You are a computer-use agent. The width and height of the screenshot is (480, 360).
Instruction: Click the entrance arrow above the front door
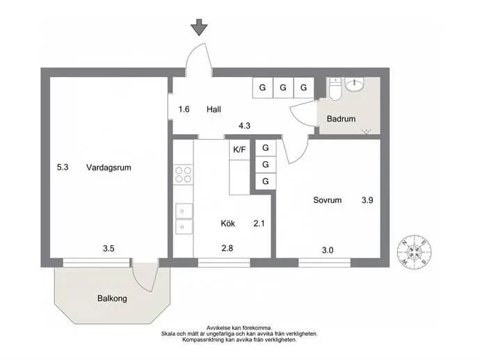pyautogui.click(x=199, y=27)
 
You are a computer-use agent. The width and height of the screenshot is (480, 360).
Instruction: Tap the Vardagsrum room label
pyautogui.click(x=109, y=167)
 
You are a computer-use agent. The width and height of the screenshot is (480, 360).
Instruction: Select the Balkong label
pyautogui.click(x=112, y=299)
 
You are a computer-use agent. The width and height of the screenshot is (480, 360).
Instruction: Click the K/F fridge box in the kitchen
pyautogui.click(x=239, y=149)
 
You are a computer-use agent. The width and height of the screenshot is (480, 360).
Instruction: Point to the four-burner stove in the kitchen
pyautogui.click(x=183, y=174)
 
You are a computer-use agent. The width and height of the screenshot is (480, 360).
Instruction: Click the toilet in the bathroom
pyautogui.click(x=335, y=89)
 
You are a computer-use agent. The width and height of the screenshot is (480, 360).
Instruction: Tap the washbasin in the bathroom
pyautogui.click(x=355, y=84)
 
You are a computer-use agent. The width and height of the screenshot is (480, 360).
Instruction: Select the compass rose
pyautogui.click(x=415, y=252)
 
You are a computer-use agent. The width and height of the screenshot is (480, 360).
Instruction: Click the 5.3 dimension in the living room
pyautogui.click(x=63, y=167)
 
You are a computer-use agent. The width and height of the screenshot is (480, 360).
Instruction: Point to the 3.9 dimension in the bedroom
pyautogui.click(x=367, y=200)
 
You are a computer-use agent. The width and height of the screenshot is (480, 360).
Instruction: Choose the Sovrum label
pyautogui.click(x=327, y=200)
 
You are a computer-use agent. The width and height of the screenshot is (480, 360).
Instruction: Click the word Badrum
pyautogui.click(x=341, y=119)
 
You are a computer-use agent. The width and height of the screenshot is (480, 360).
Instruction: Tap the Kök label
pyautogui.click(x=227, y=223)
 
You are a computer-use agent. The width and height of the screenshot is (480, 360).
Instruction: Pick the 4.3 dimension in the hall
pyautogui.click(x=245, y=125)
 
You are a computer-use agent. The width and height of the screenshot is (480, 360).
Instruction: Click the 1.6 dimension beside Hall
pyautogui.click(x=184, y=109)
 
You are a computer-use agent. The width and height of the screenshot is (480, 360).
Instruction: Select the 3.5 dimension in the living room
pyautogui.click(x=109, y=248)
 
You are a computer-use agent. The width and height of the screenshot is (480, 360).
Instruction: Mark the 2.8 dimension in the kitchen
pyautogui.click(x=227, y=248)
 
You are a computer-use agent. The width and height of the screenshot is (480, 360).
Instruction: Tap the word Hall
pyautogui.click(x=214, y=109)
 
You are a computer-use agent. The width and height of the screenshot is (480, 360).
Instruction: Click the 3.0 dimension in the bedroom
pyautogui.click(x=328, y=250)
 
